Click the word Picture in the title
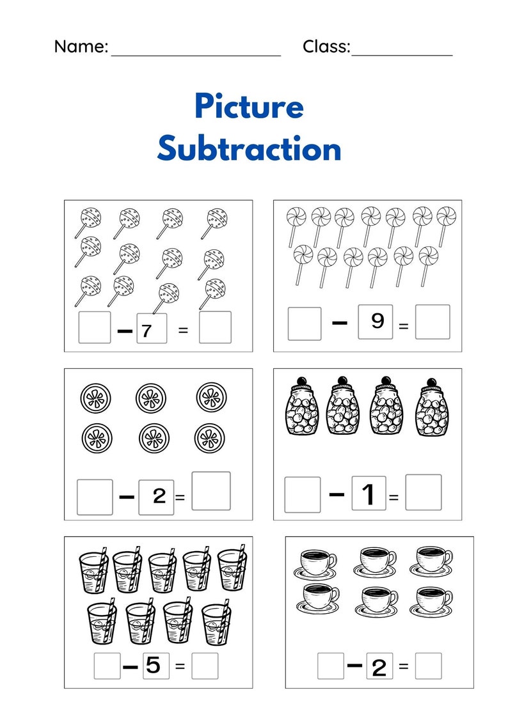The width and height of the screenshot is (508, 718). point(249,107)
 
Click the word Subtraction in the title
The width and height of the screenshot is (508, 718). point(249,149)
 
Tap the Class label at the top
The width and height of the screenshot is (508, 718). point(326,47)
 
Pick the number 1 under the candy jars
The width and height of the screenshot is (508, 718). point(369,494)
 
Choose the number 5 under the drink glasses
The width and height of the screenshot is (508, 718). point(154,666)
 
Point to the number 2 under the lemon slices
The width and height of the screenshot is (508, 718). point(159,496)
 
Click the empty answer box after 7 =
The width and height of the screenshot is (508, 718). point(215,327)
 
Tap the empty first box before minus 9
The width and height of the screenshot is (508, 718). point(304,324)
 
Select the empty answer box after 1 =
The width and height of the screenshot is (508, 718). point(423,492)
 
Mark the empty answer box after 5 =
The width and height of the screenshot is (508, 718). point(205,666)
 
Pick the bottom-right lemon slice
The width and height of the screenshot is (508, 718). point(209,438)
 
